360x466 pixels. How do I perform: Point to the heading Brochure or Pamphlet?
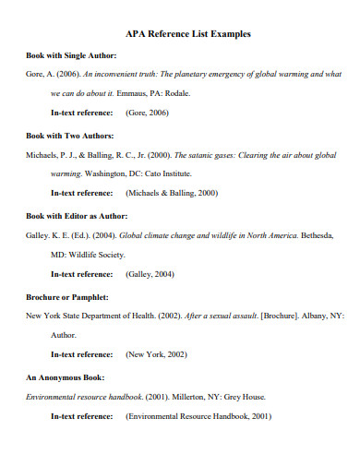[67, 297]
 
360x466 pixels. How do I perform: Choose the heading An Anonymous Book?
[65, 377]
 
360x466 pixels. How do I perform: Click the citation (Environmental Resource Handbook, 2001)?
[198, 416]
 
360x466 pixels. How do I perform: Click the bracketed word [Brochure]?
[263, 316]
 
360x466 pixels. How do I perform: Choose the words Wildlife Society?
[96, 254]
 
